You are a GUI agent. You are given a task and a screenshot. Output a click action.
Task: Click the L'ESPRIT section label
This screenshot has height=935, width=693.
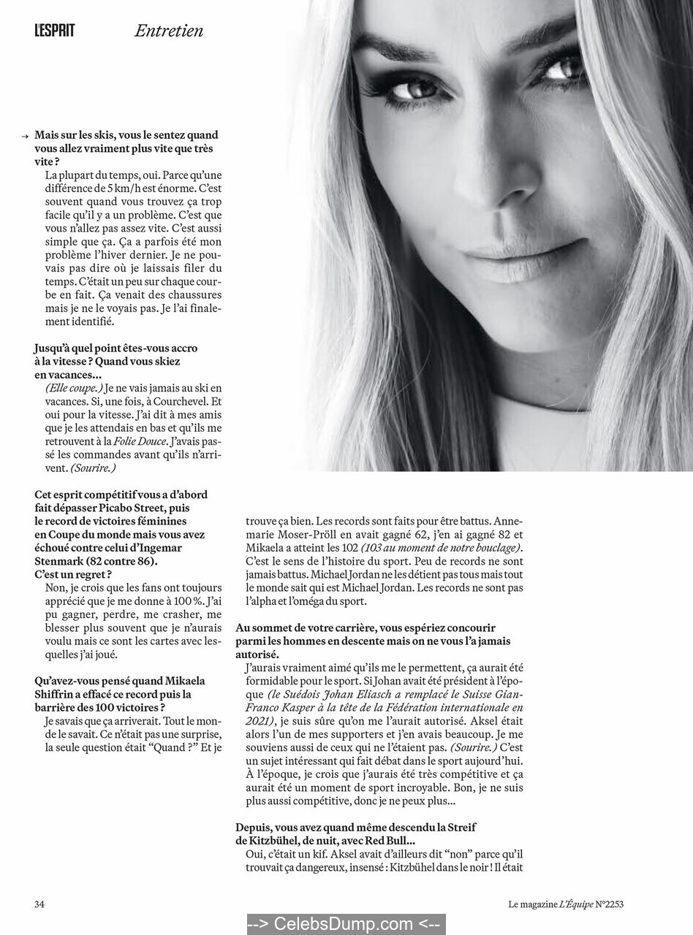pyautogui.click(x=54, y=31)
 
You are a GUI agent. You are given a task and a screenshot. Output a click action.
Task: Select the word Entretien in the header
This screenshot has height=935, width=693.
pyautogui.click(x=169, y=31)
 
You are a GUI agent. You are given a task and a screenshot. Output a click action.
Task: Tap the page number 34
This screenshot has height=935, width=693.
pyautogui.click(x=39, y=904)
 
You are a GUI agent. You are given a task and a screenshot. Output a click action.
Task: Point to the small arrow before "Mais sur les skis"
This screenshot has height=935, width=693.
pyautogui.click(x=26, y=136)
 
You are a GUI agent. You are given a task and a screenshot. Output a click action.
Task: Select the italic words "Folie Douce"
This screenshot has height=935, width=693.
pyautogui.click(x=140, y=441)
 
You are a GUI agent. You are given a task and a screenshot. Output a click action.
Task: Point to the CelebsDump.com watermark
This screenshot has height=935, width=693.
pyautogui.click(x=346, y=924)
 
